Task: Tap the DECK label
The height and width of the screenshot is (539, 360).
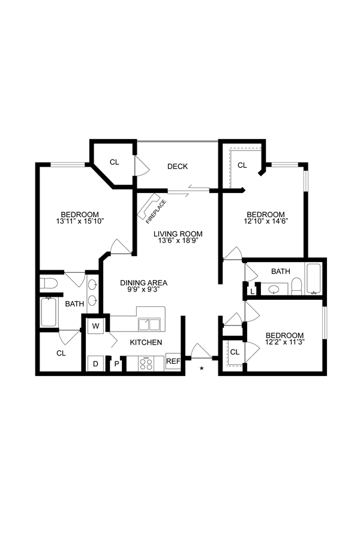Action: coord(178,166)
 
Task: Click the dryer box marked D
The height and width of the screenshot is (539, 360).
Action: coord(95,363)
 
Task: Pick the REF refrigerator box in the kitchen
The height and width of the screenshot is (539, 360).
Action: coord(173,362)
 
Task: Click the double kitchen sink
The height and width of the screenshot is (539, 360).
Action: coord(149,324)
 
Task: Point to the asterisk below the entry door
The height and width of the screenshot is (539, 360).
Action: coord(202,368)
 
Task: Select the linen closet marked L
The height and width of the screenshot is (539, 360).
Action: coord(251,291)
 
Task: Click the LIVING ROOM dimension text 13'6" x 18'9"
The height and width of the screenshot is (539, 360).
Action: coord(178,241)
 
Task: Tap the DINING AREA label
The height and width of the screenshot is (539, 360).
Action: coord(143,283)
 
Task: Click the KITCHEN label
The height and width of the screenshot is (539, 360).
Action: coord(146,342)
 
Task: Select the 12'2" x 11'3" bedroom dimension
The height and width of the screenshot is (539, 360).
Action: coord(285,344)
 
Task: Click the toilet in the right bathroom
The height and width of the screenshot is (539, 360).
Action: coord(296,285)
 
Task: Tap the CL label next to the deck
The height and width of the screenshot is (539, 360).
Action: coord(114,162)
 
